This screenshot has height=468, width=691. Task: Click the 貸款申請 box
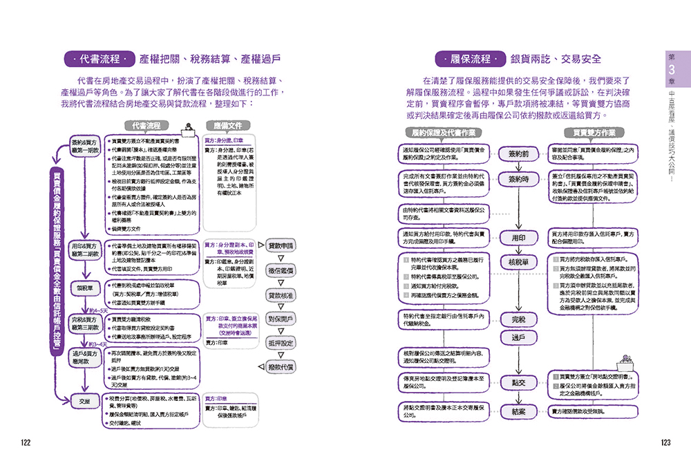pyautogui.click(x=281, y=245)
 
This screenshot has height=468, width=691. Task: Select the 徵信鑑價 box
pyautogui.click(x=281, y=270)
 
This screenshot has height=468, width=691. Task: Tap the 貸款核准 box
pyautogui.click(x=281, y=295)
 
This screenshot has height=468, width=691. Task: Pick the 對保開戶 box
pyautogui.click(x=281, y=319)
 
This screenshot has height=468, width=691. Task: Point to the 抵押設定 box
pyautogui.click(x=281, y=343)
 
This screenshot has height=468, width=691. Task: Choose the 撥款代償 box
pyautogui.click(x=281, y=367)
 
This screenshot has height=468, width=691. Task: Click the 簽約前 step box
pyautogui.click(x=518, y=153)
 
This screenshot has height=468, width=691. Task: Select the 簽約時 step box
pyautogui.click(x=518, y=179)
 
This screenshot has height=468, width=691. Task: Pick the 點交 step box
pyautogui.click(x=518, y=382)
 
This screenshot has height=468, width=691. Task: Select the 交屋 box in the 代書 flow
pyautogui.click(x=84, y=400)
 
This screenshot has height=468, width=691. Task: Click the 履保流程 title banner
pyautogui.click(x=469, y=59)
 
